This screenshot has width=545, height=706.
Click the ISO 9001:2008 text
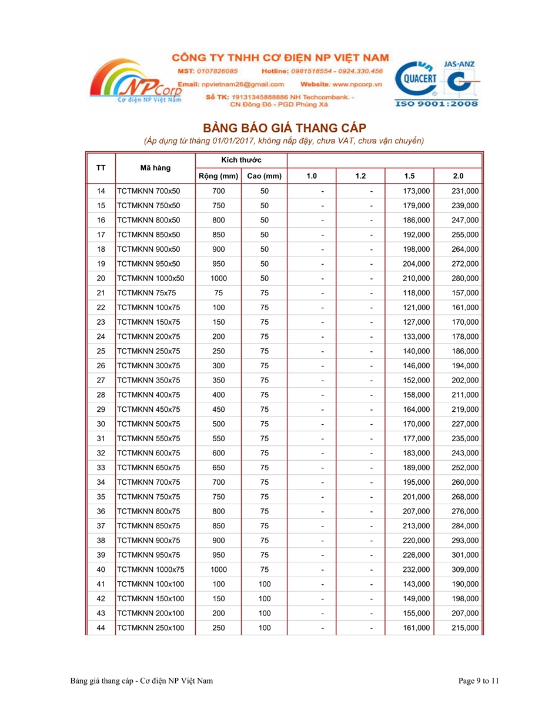437,104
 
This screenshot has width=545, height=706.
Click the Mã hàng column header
155,168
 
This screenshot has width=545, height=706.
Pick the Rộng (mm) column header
218,176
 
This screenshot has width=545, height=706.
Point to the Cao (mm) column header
265,176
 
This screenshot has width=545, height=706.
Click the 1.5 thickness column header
410,176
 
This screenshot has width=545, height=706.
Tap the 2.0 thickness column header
459,176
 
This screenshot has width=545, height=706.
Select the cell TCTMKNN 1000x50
151,278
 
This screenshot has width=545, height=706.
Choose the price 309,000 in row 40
465,570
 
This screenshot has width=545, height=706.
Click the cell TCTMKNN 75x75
146,293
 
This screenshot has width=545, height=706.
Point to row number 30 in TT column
101,424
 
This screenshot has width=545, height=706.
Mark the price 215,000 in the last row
465,628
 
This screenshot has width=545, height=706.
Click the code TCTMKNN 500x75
149,424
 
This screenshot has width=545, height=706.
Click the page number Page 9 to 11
479,681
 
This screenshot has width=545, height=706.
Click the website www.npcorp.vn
357,84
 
